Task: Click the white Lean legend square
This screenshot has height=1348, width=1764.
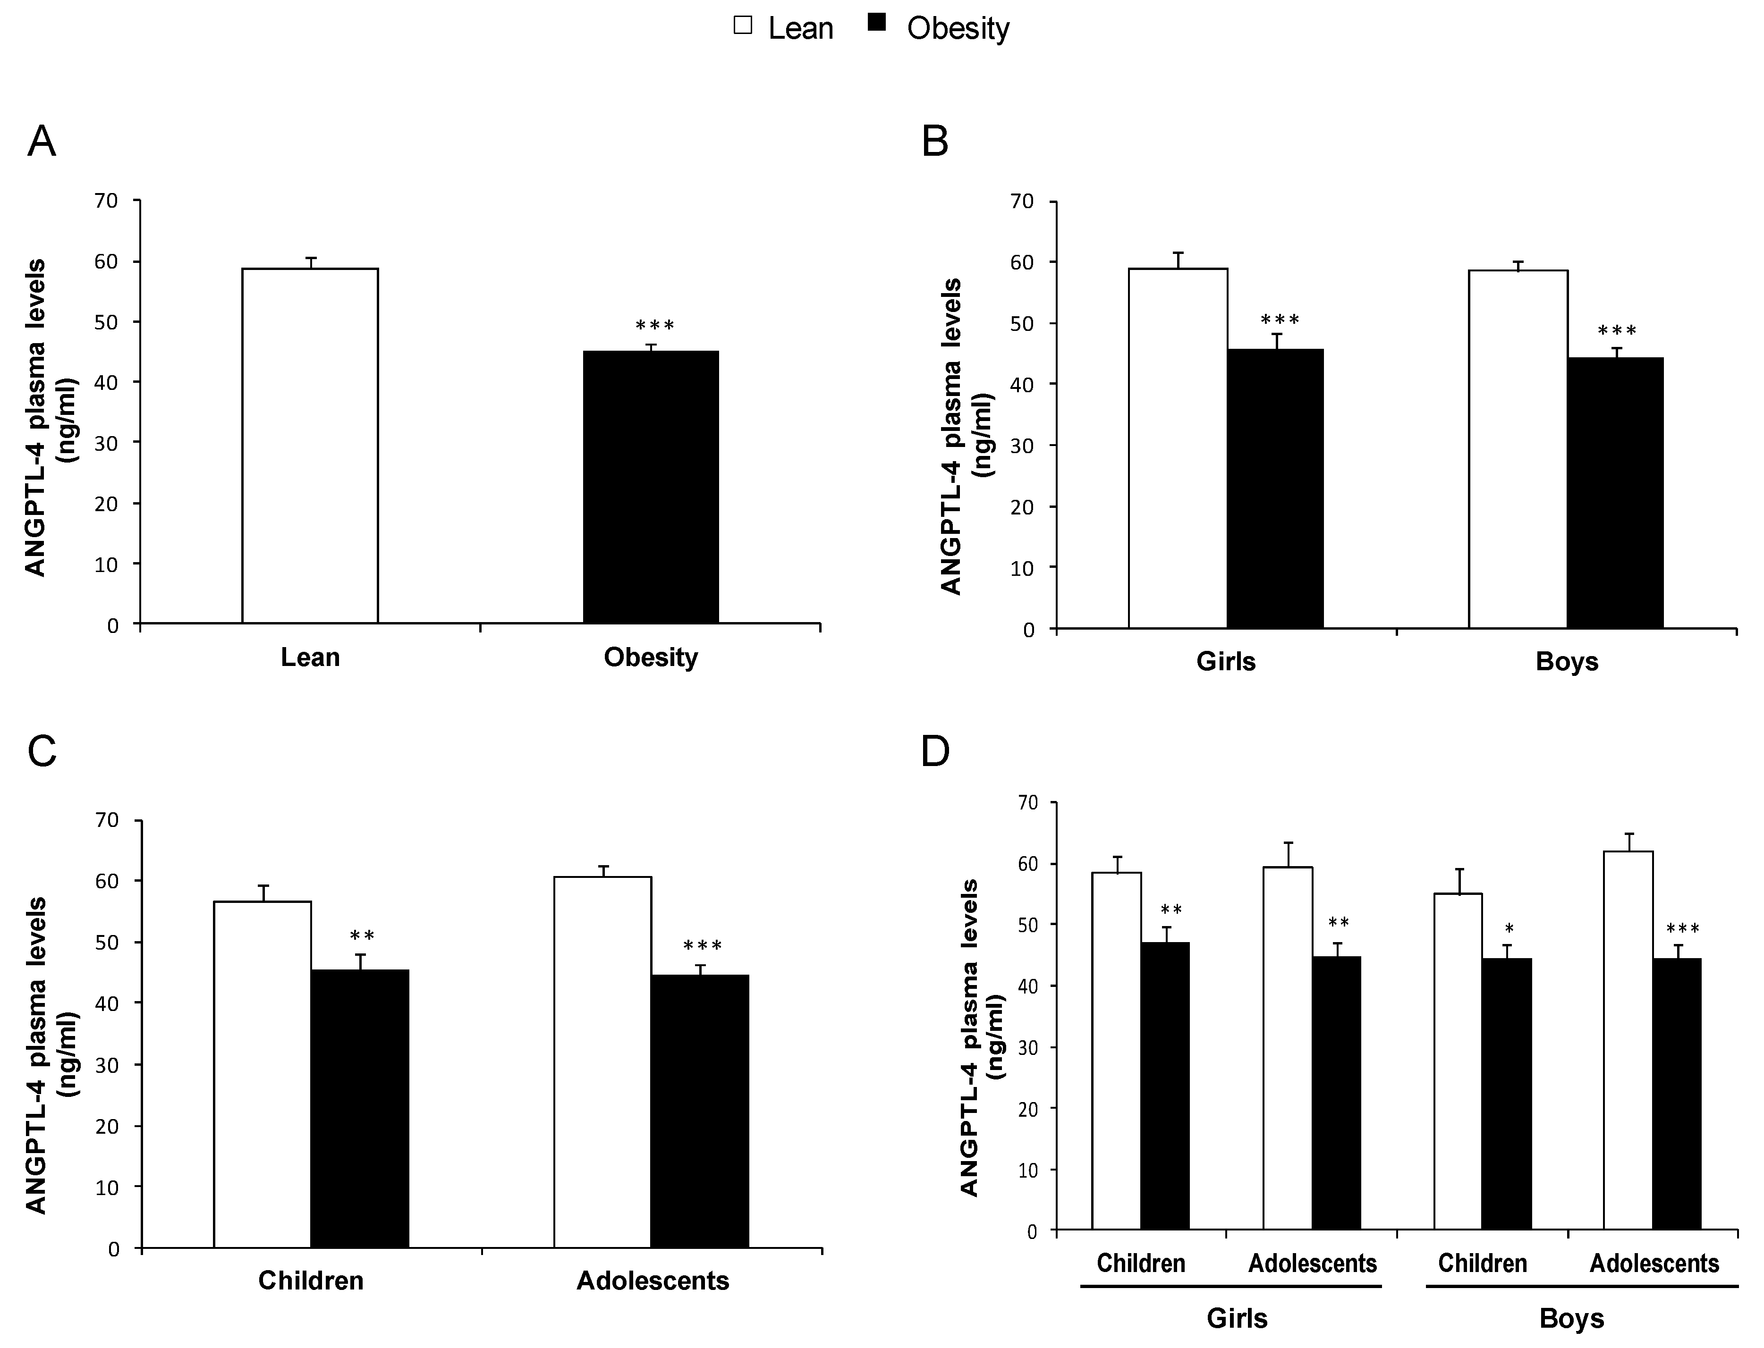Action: point(743,25)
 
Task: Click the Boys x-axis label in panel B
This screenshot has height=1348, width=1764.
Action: point(1567,662)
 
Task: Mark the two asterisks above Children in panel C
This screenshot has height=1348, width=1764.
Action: point(362,935)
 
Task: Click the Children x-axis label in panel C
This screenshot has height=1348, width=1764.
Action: point(311,1281)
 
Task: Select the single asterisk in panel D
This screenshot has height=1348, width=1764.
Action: point(1509,929)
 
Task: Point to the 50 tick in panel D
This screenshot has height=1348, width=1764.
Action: point(1028,925)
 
